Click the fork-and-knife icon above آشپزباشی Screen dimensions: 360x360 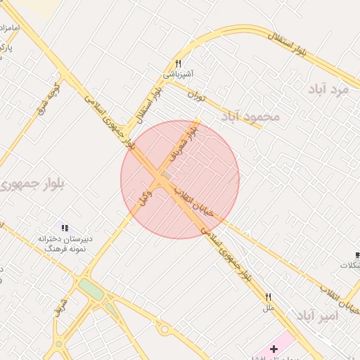[x=178, y=63]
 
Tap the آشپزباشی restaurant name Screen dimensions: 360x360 [x=179, y=74]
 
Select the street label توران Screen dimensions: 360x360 [x=200, y=96]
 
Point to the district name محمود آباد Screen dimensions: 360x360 [x=251, y=116]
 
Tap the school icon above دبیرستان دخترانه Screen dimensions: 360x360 [x=65, y=228]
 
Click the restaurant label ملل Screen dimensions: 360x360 [x=268, y=308]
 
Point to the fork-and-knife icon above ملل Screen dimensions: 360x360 [x=268, y=297]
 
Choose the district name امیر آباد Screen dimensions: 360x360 [x=317, y=316]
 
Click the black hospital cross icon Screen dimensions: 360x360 [x=274, y=349]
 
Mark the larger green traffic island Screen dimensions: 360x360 [x=91, y=289]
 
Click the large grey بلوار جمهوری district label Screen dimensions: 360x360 [x=32, y=184]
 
